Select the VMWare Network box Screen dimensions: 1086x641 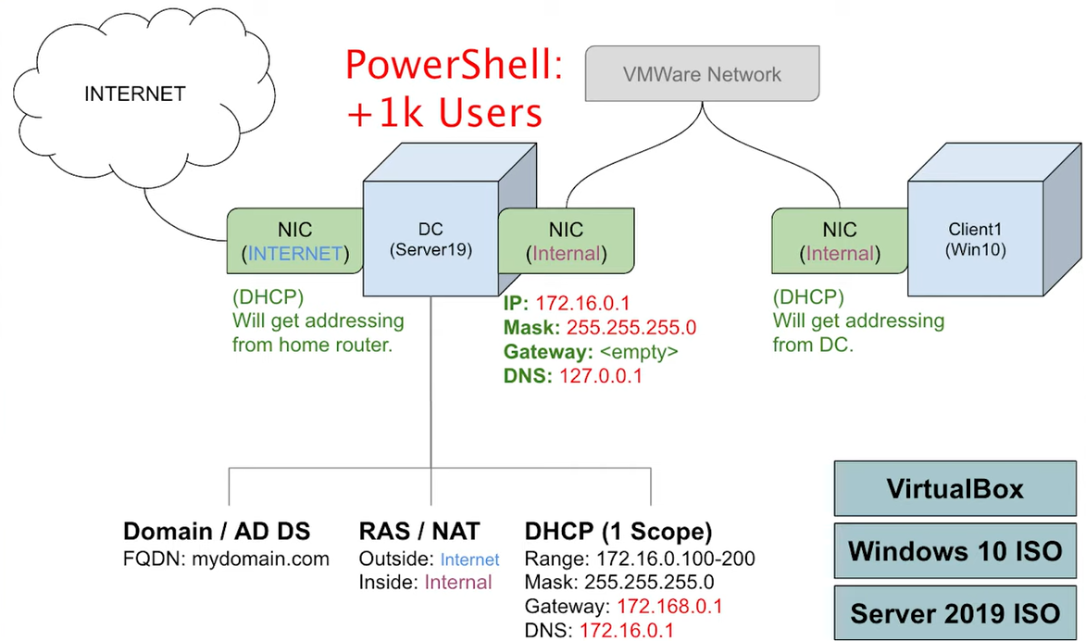click(703, 73)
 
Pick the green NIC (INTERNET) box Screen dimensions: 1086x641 click(295, 241)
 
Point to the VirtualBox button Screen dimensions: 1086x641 click(955, 488)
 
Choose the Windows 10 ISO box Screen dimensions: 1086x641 click(955, 551)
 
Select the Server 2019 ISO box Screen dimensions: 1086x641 click(955, 613)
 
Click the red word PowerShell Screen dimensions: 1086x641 click(455, 65)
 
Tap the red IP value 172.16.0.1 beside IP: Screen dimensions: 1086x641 click(582, 304)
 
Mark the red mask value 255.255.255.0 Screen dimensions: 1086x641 click(631, 328)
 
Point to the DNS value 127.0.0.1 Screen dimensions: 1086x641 click(601, 376)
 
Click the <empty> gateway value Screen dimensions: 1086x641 click(639, 352)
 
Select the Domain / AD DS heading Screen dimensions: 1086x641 click(217, 532)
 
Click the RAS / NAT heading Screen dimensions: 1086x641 click(419, 532)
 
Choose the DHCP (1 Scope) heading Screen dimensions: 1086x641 click(618, 532)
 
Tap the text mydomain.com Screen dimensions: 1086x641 click(260, 559)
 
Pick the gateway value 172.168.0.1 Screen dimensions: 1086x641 click(669, 607)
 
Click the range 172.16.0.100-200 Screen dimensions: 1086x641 click(675, 559)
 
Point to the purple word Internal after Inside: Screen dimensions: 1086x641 click(457, 582)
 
